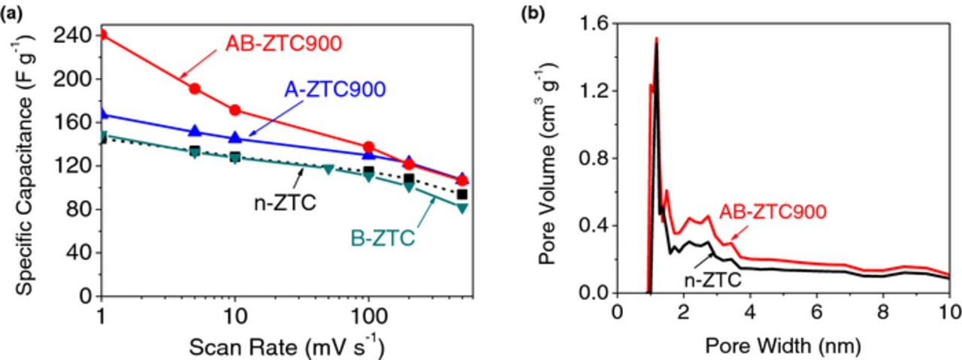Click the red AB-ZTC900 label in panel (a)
(284, 44)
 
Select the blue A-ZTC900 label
(334, 89)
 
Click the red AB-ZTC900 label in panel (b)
(773, 212)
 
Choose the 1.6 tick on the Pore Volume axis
(594, 23)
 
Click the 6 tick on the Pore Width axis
(816, 312)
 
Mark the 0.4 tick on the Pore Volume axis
(594, 225)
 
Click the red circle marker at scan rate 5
(195, 89)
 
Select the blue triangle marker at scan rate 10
(235, 138)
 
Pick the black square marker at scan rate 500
(462, 195)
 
